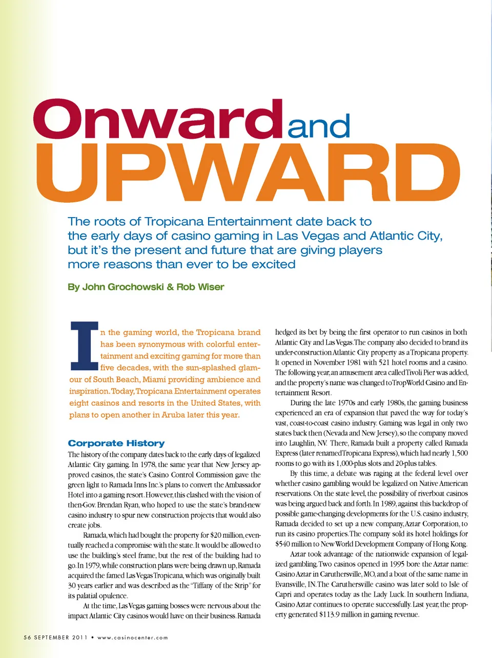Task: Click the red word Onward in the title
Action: [x=158, y=119]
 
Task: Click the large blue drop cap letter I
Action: [x=84, y=346]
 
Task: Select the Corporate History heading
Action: [x=116, y=443]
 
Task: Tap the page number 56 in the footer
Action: [x=27, y=638]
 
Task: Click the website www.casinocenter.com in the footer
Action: [x=132, y=638]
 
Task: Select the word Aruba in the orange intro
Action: [x=173, y=415]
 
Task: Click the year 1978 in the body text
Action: [x=148, y=464]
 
